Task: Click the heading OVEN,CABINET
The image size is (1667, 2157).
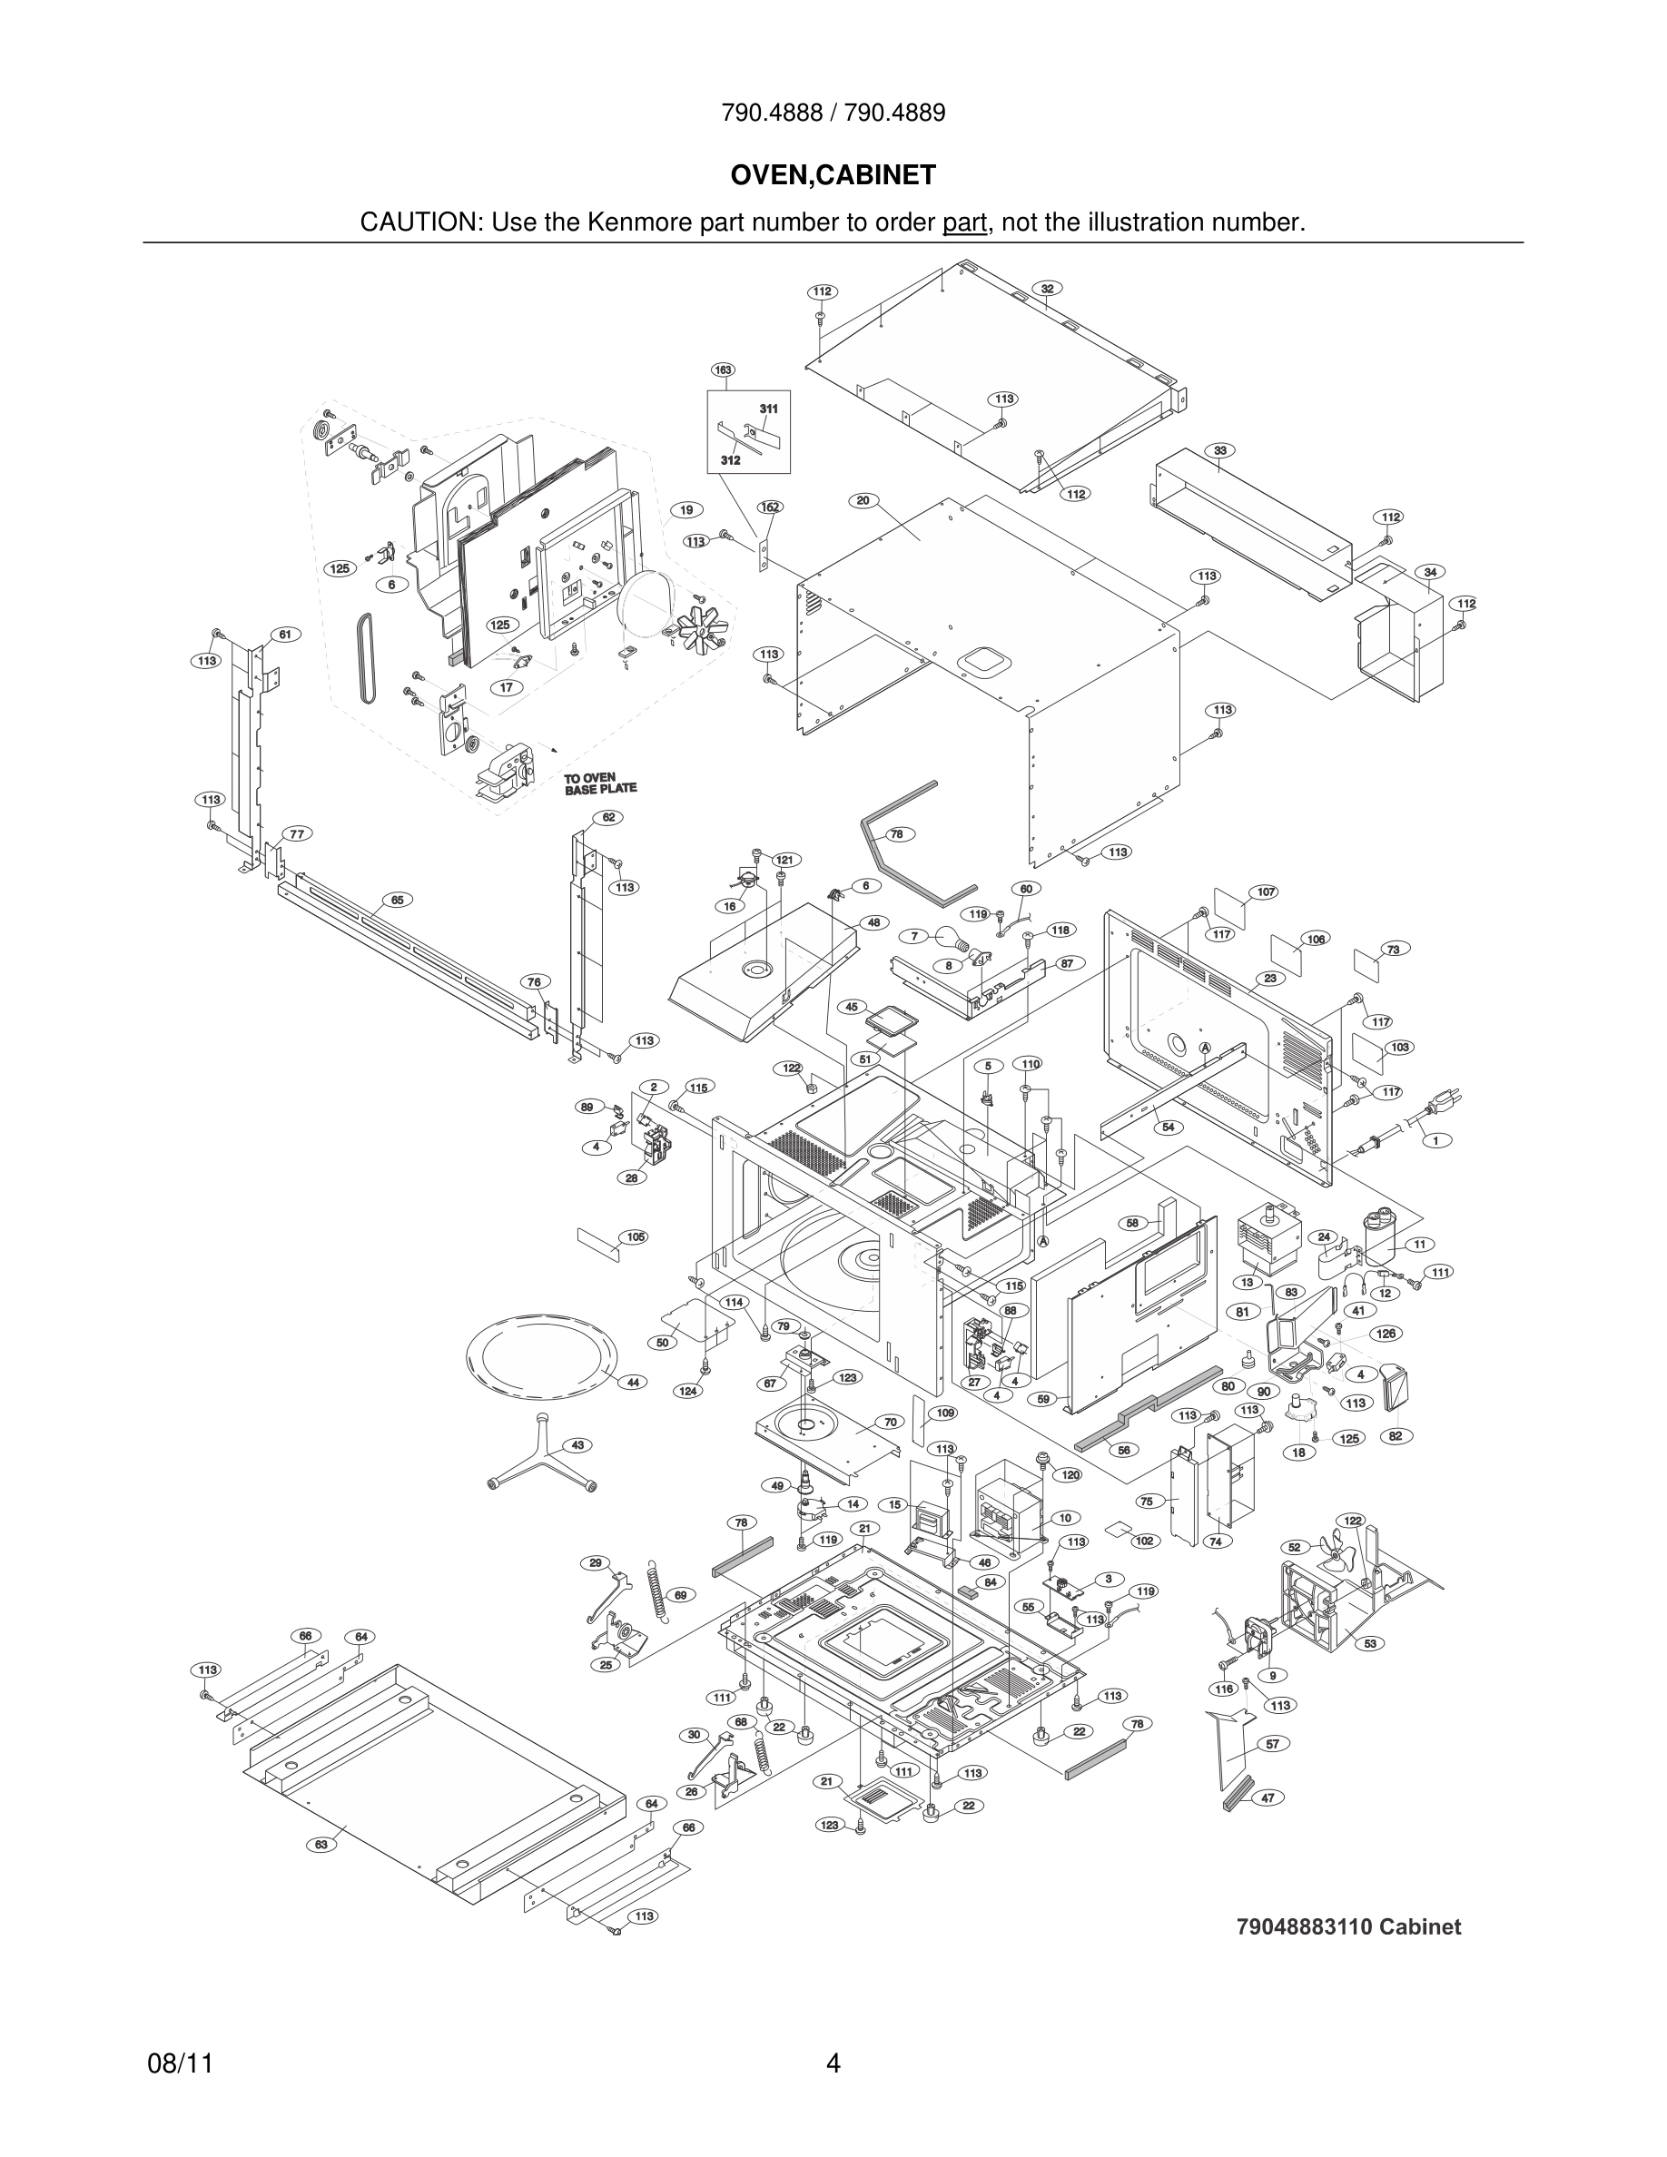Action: [833, 176]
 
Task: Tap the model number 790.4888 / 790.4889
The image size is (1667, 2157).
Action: [833, 113]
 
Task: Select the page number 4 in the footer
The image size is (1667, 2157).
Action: [833, 2063]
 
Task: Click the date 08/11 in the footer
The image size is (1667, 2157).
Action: [180, 2063]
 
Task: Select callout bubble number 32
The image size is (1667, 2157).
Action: [1047, 289]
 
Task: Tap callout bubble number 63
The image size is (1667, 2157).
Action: [321, 1844]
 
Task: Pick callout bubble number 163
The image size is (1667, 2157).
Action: [723, 370]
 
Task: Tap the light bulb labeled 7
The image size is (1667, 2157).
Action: [942, 936]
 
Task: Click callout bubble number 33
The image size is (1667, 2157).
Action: [1220, 450]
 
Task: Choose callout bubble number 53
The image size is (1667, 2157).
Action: [1370, 1643]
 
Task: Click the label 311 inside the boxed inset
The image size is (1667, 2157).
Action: [768, 408]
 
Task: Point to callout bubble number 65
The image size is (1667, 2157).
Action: [396, 900]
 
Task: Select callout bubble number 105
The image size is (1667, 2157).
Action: [635, 1236]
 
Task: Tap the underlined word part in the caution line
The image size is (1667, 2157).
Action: [964, 223]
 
